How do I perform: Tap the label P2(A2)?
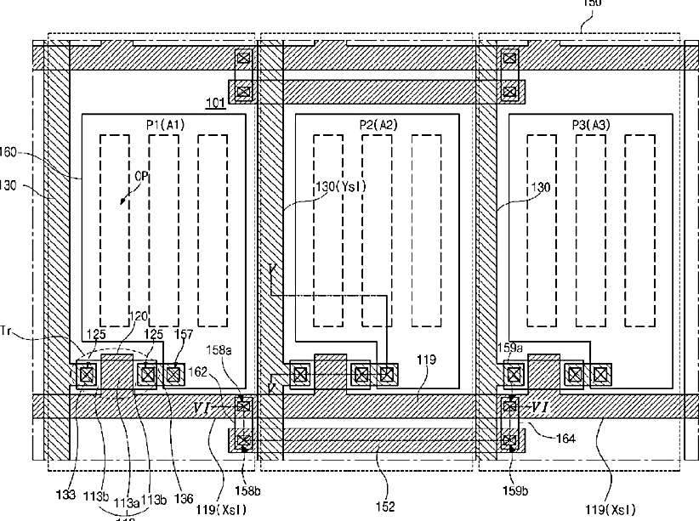[378, 125]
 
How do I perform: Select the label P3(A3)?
[592, 125]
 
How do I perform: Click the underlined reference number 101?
[214, 105]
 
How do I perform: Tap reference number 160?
[11, 154]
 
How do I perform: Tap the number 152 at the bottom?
[384, 507]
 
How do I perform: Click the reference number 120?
[137, 316]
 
